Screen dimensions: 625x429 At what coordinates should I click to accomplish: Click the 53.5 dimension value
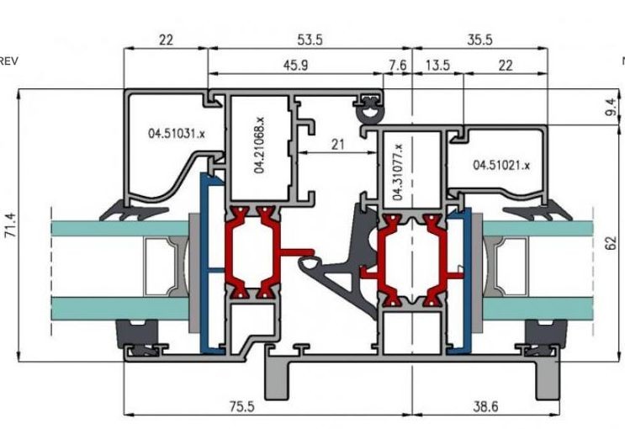tap(310, 40)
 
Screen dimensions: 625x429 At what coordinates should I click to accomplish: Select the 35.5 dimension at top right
tap(479, 40)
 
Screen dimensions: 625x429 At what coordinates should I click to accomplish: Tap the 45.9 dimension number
tap(295, 65)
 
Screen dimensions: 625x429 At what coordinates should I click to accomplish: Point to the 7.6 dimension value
tap(397, 65)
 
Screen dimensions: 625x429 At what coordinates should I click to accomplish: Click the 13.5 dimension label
tap(437, 65)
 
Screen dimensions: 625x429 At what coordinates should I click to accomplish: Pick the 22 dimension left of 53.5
tap(167, 40)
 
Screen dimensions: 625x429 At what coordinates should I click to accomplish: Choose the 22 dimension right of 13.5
tap(506, 65)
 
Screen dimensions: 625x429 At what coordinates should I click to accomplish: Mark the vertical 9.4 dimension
tap(611, 107)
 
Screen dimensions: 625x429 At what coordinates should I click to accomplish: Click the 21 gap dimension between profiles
tap(337, 145)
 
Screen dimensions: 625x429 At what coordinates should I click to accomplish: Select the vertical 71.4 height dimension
tap(10, 225)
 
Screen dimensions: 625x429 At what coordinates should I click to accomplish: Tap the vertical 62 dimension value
tap(611, 243)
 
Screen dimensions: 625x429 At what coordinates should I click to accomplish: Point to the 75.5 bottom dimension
tap(242, 406)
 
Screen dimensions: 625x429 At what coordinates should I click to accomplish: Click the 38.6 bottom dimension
tap(485, 406)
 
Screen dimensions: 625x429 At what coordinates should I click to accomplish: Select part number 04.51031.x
tap(176, 133)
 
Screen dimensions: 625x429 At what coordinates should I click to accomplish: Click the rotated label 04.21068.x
tap(259, 145)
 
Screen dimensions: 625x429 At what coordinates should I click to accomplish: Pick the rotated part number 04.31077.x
tap(398, 172)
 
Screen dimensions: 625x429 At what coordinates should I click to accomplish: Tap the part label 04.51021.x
tap(501, 165)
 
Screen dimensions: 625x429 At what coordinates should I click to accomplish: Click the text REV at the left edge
tap(8, 61)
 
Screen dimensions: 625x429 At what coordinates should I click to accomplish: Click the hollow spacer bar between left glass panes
tap(157, 267)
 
